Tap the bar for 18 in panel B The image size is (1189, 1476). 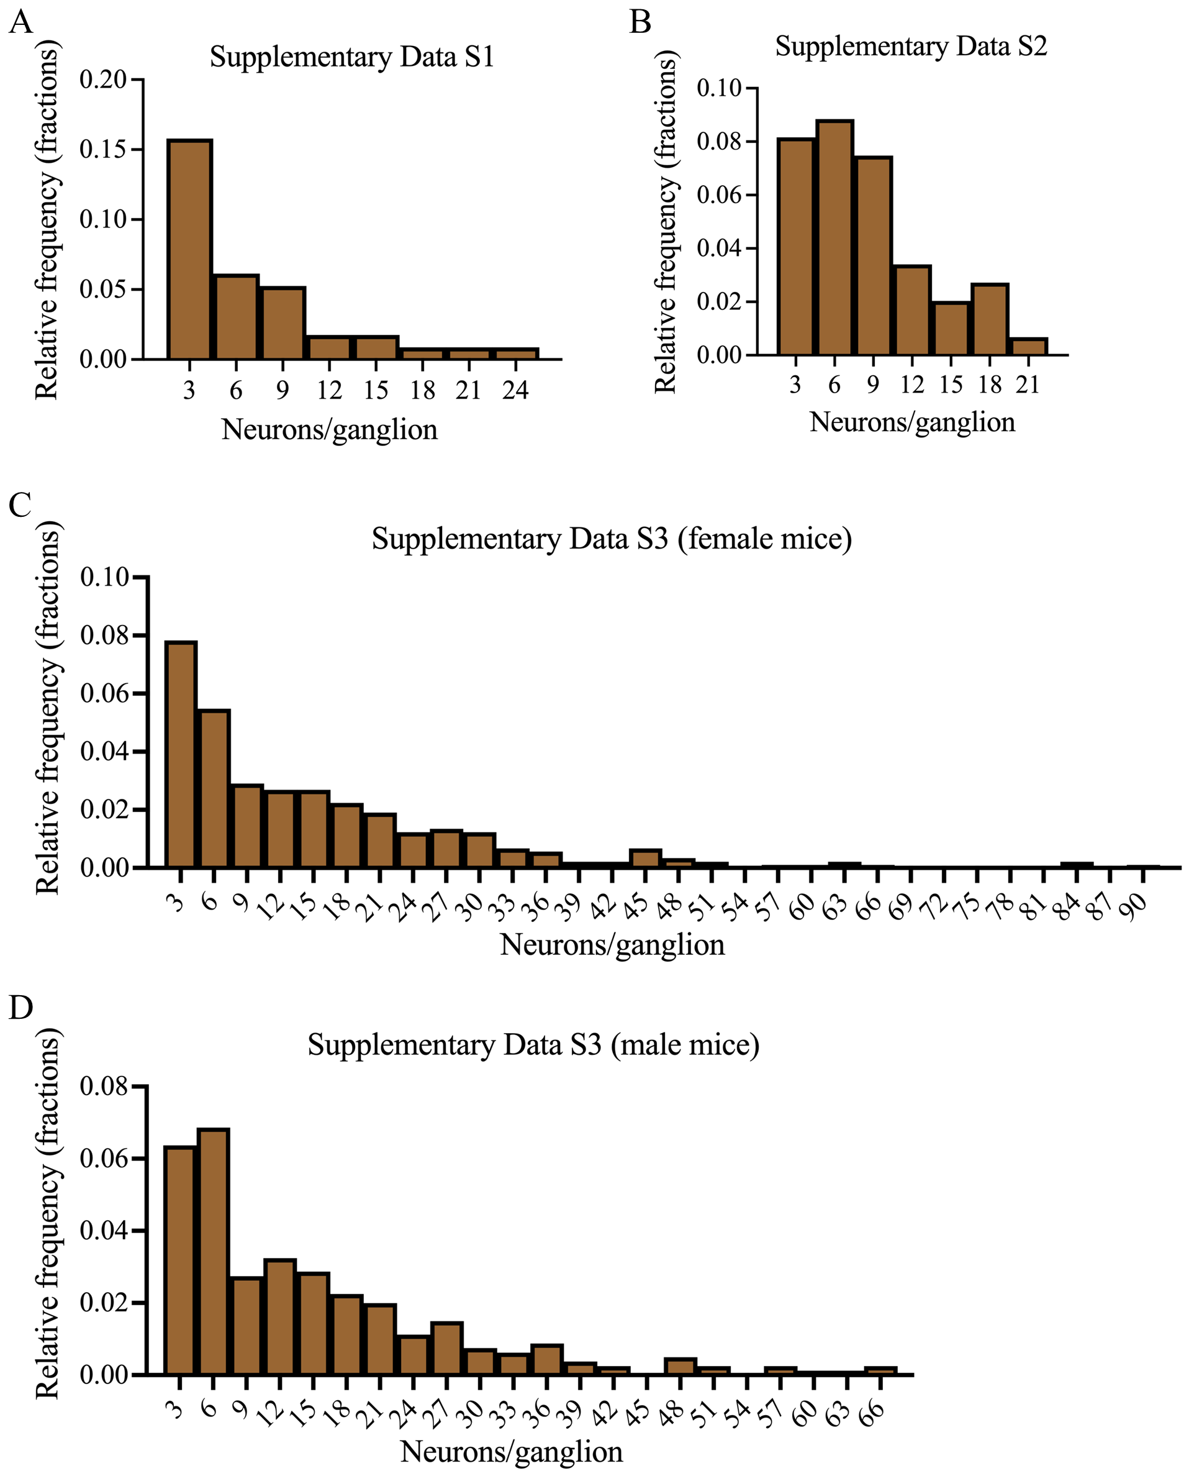point(990,319)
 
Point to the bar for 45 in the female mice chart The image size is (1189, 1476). point(646,859)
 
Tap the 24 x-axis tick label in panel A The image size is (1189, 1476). point(515,391)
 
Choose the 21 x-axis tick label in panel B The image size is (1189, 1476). point(1028,385)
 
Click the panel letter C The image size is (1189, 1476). point(20,505)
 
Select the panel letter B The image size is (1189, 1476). point(640,22)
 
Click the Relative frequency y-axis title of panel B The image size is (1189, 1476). point(666,222)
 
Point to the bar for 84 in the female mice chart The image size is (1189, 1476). point(1077,865)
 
